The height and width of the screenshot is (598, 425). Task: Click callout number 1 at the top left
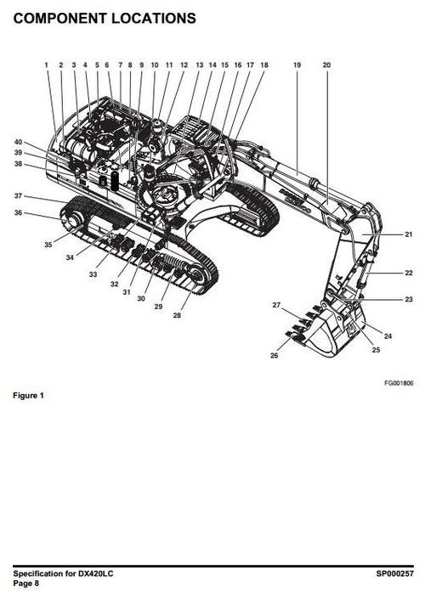(x=47, y=65)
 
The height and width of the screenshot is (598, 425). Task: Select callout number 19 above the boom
(x=297, y=65)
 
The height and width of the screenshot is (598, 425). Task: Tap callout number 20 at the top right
(x=326, y=65)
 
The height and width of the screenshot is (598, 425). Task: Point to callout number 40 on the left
(x=18, y=142)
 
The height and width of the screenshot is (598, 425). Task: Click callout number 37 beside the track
(x=18, y=196)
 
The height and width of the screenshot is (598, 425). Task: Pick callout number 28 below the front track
(x=177, y=315)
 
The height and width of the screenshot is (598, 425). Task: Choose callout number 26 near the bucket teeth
(x=274, y=355)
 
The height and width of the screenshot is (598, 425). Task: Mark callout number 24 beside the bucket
(x=388, y=336)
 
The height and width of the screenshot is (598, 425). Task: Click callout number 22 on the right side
(x=409, y=273)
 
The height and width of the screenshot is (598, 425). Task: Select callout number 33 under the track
(x=93, y=274)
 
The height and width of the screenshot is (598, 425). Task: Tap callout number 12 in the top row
(x=184, y=65)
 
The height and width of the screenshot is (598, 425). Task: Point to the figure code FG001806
(x=399, y=383)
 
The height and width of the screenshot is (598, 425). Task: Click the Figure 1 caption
(x=28, y=396)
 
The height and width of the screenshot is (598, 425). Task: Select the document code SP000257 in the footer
(x=395, y=573)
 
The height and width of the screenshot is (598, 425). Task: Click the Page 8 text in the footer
(x=26, y=583)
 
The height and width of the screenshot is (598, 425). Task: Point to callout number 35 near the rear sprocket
(x=48, y=245)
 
